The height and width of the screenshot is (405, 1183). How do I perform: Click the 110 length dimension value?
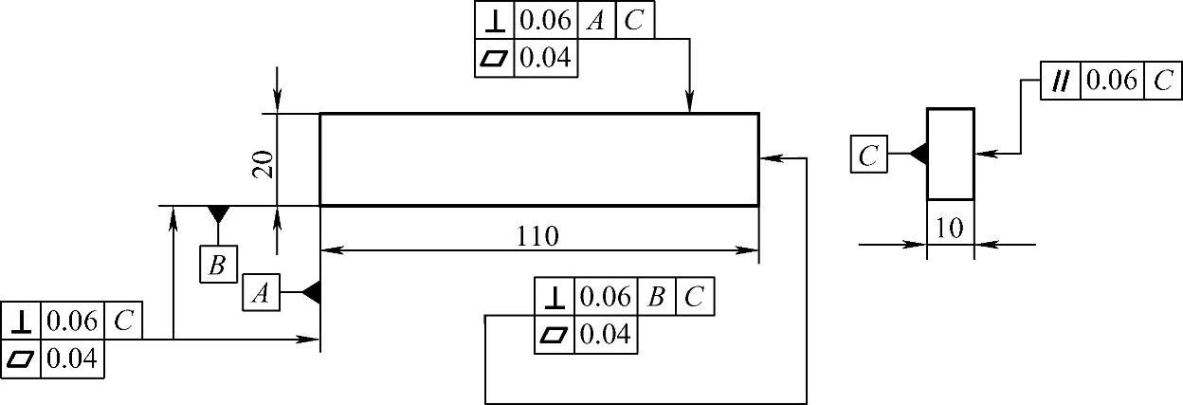538,236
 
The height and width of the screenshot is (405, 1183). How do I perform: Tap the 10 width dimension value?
949,229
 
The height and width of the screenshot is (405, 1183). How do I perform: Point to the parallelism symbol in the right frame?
1061,81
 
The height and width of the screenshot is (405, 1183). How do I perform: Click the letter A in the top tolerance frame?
595,21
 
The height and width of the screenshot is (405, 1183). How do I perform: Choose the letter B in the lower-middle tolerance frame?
656,297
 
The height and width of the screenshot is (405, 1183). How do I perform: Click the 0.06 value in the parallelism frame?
1111,81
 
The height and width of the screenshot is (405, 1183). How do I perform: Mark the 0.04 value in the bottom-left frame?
72,359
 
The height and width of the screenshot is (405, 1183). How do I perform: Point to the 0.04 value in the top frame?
545,58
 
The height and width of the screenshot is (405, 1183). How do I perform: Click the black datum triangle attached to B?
218,212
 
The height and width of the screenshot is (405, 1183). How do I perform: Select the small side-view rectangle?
950,154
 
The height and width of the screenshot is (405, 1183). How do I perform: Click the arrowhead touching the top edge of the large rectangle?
689,103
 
